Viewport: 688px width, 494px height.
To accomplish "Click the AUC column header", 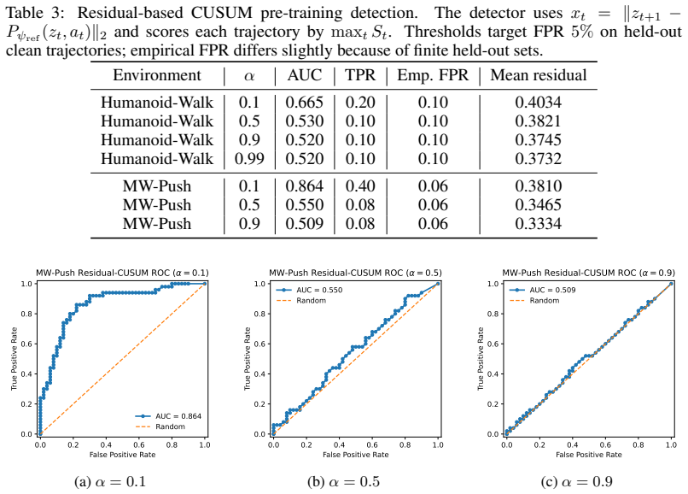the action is pos(305,75).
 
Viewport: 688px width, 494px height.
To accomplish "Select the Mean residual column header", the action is pos(539,75).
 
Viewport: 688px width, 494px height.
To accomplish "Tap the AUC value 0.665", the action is pos(305,103).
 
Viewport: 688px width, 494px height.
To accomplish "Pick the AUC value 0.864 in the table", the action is pos(305,186).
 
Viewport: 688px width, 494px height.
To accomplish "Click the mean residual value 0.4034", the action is pos(539,103).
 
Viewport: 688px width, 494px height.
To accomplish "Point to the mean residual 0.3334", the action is pos(539,224).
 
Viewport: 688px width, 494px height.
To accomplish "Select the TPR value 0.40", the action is pos(360,186).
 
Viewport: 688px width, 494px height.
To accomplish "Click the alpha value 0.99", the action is pos(249,159).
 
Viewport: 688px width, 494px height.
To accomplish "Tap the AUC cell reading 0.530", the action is pos(305,121).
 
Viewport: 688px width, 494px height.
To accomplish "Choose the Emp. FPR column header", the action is pos(433,75).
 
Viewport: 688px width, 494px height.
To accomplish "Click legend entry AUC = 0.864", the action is pos(168,415).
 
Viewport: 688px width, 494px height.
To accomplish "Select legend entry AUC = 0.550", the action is pos(309,290).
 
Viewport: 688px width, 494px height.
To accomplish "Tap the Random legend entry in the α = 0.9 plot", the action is pos(534,301).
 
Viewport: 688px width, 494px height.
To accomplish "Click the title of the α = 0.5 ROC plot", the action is pos(355,273).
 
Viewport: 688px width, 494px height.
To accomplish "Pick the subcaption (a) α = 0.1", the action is pos(110,482).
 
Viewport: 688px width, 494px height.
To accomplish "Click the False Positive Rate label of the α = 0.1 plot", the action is pos(122,455).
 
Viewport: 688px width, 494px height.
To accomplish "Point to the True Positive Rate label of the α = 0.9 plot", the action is pos(481,359).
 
